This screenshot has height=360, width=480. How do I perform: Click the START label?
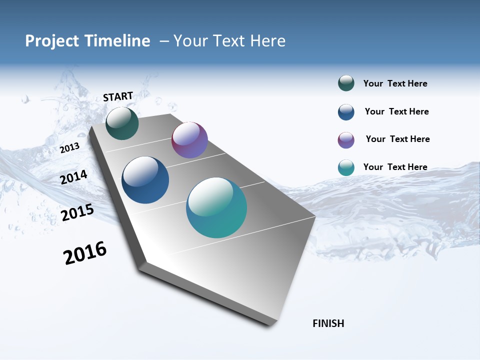(118, 96)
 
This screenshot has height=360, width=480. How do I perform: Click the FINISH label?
(328, 323)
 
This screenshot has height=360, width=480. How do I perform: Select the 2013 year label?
(70, 147)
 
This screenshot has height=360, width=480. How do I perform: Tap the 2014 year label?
(74, 177)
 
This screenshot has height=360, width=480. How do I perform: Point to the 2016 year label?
(85, 252)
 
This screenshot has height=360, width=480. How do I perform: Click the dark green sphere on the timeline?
(122, 123)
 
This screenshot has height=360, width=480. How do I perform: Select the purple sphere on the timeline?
(189, 140)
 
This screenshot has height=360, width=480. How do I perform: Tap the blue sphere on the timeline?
(145, 180)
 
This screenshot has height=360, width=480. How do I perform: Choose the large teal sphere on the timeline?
(216, 207)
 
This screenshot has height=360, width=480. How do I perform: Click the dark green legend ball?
(346, 83)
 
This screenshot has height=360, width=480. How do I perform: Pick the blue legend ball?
(346, 112)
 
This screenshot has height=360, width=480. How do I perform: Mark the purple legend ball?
(346, 140)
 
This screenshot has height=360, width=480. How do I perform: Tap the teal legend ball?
(346, 167)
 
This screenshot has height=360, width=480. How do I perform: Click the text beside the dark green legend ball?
(395, 84)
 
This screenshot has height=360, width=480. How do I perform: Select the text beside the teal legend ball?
(395, 167)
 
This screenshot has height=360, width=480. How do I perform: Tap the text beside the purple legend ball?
(397, 139)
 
